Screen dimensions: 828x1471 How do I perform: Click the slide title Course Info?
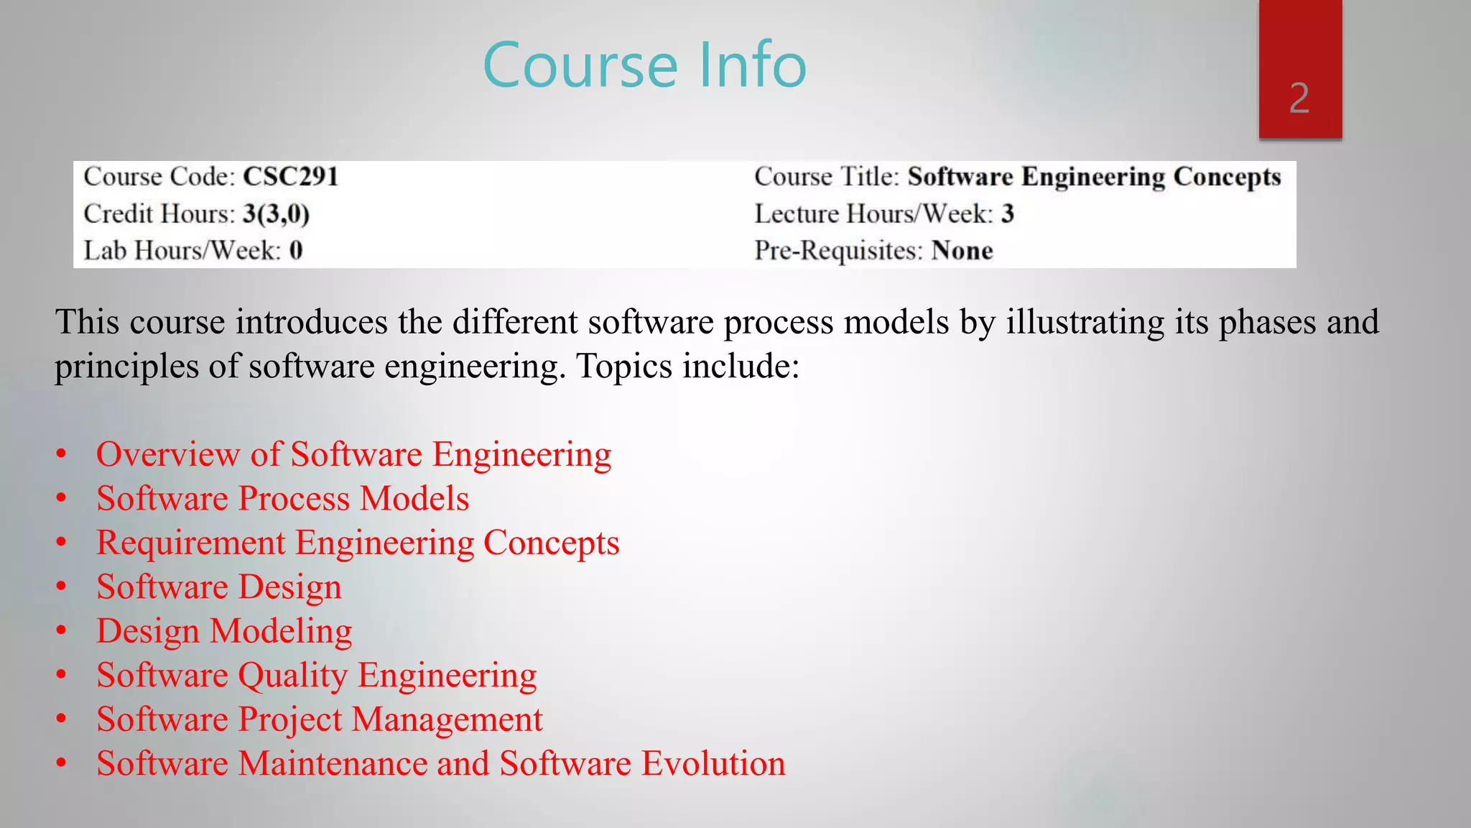(644, 65)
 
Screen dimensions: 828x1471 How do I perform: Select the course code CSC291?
(290, 177)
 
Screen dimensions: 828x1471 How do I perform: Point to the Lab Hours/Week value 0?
(296, 251)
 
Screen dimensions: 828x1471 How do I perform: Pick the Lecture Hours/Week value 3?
(1008, 213)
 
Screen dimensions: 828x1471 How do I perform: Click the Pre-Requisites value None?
(962, 251)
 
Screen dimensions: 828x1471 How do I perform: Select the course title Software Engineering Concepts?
(1094, 177)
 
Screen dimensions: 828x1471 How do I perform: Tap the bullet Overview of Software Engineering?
(353, 454)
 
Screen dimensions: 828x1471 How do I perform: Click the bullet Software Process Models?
(282, 499)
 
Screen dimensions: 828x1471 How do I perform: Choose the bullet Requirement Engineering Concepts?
(358, 543)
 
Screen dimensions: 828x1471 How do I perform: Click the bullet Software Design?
(219, 587)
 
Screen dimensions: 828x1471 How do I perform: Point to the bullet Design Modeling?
(224, 632)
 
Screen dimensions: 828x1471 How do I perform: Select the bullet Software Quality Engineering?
(317, 676)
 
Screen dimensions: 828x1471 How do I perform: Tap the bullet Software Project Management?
(320, 719)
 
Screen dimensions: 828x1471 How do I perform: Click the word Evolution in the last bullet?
(714, 763)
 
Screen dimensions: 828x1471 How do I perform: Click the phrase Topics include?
(687, 366)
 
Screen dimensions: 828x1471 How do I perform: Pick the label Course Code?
(159, 177)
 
